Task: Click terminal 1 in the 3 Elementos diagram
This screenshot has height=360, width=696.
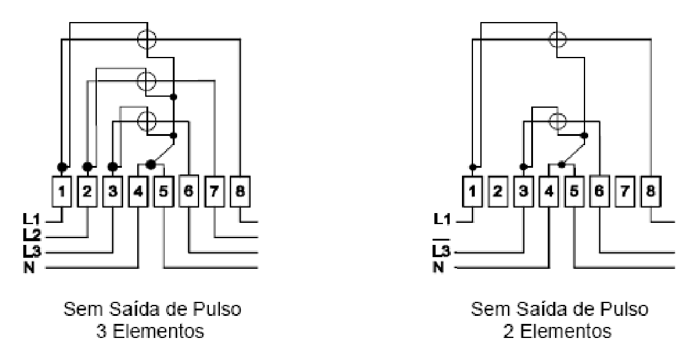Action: pyautogui.click(x=62, y=192)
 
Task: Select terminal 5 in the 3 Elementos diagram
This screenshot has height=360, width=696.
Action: pyautogui.click(x=164, y=192)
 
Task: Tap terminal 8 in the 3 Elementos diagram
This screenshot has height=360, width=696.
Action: pyautogui.click(x=240, y=192)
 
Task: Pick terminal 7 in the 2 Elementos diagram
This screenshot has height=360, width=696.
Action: pyautogui.click(x=625, y=192)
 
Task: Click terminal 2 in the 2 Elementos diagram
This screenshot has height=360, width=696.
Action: pyautogui.click(x=497, y=192)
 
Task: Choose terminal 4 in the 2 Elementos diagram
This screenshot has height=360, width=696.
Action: pyautogui.click(x=548, y=192)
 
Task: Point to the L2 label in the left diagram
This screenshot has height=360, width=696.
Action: pyautogui.click(x=31, y=235)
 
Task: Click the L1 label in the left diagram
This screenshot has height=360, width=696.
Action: pyautogui.click(x=31, y=219)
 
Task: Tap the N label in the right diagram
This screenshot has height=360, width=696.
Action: pyautogui.click(x=438, y=268)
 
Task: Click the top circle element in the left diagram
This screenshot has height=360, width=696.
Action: pyautogui.click(x=147, y=39)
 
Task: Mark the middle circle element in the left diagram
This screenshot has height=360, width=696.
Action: pyautogui.click(x=146, y=81)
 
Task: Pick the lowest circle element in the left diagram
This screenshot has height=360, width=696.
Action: pyautogui.click(x=147, y=120)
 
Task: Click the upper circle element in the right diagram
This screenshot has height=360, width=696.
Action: pyautogui.click(x=558, y=39)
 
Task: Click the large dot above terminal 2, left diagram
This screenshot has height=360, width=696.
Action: pyautogui.click(x=88, y=167)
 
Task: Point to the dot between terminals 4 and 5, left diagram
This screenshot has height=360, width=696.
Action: pyautogui.click(x=151, y=165)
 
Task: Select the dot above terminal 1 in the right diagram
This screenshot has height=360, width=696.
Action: pyautogui.click(x=473, y=167)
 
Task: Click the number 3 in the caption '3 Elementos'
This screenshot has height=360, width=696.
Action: pyautogui.click(x=101, y=331)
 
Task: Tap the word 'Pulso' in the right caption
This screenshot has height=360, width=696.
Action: pyautogui.click(x=630, y=309)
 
